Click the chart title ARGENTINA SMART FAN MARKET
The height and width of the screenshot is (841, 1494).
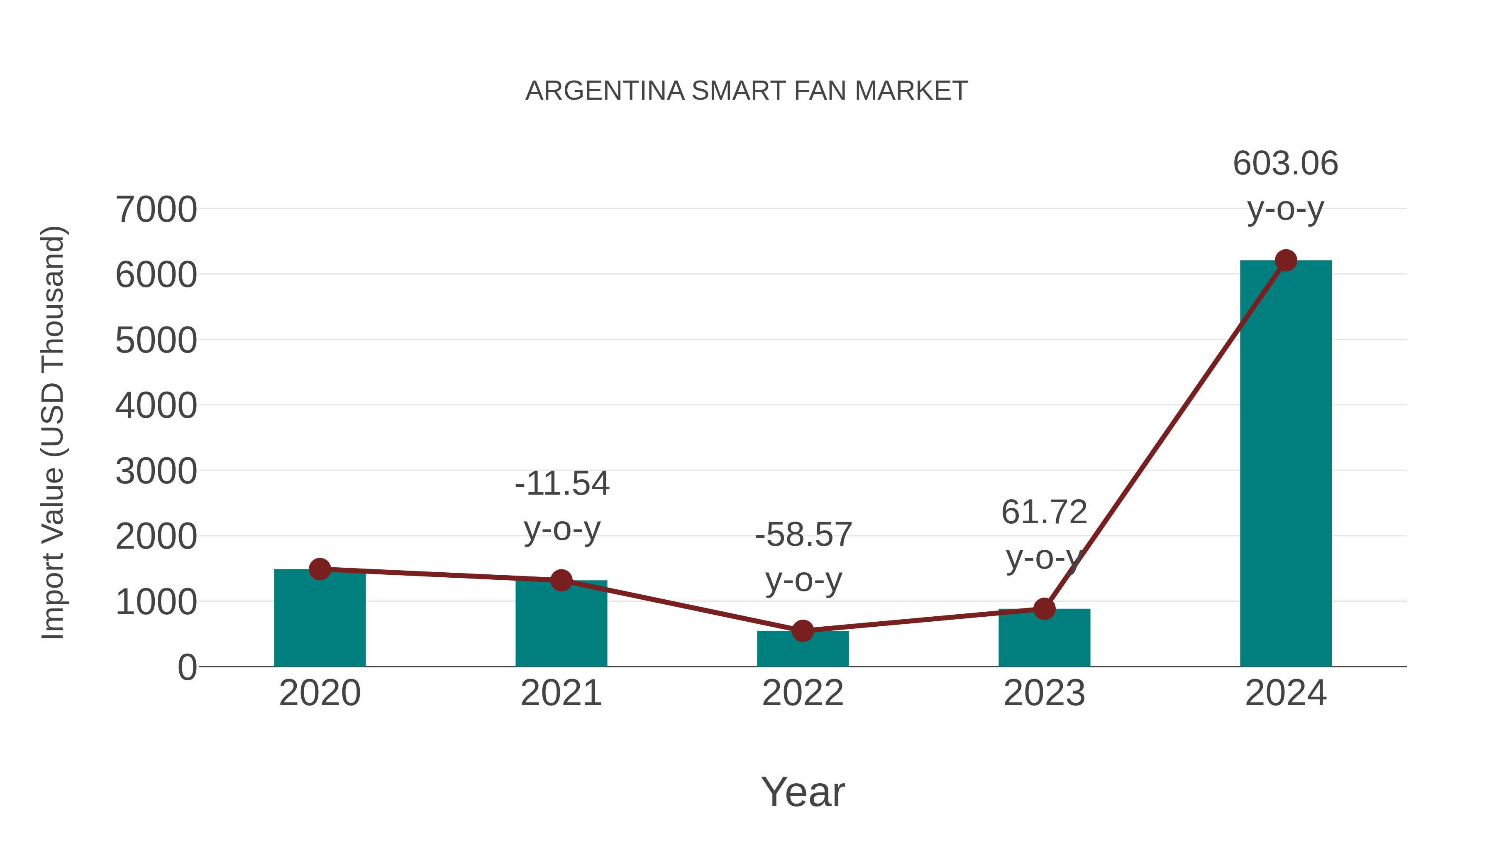747,91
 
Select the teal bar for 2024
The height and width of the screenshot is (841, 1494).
1285,464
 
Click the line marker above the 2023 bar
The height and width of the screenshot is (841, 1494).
1044,609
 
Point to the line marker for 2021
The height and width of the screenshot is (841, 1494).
561,580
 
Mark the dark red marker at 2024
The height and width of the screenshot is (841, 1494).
1286,260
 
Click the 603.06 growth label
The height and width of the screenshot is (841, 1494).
1285,163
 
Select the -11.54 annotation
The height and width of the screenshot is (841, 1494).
562,483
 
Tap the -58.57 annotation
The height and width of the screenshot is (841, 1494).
803,535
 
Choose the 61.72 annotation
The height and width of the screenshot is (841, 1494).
1044,512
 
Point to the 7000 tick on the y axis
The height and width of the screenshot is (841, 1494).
156,210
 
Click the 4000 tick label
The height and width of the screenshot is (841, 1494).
156,406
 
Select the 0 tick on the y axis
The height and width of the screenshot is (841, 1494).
187,667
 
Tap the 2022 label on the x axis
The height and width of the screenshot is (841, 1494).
803,693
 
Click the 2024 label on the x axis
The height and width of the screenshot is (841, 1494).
1285,693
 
